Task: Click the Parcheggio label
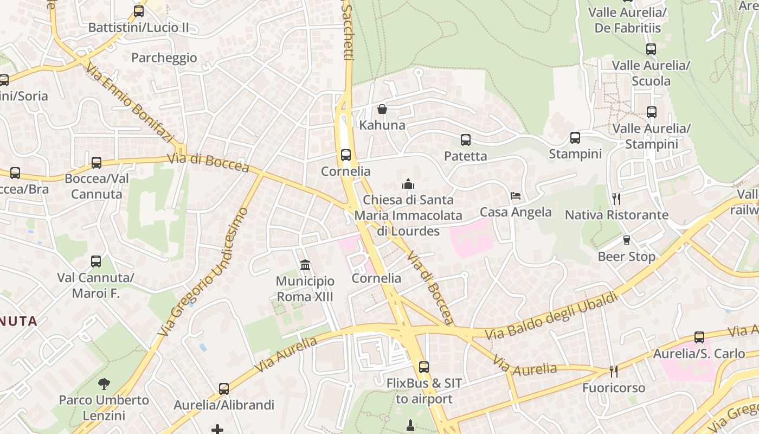click(x=164, y=58)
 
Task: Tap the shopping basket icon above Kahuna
click(x=382, y=109)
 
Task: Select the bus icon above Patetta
click(x=466, y=140)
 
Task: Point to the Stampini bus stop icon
click(x=575, y=138)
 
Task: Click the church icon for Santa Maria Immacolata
click(x=408, y=184)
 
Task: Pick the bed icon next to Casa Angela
click(x=516, y=195)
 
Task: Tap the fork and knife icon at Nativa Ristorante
click(x=616, y=199)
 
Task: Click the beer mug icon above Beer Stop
click(x=627, y=240)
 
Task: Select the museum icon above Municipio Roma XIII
click(x=305, y=265)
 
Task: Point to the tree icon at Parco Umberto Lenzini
click(x=104, y=384)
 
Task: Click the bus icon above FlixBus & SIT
click(x=424, y=367)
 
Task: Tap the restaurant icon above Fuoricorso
click(x=614, y=372)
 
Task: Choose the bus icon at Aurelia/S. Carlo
click(x=699, y=337)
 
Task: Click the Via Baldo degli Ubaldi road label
click(x=552, y=317)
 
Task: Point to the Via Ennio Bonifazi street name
click(x=129, y=103)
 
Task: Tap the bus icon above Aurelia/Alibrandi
click(x=224, y=389)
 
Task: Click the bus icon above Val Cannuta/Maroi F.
click(x=96, y=261)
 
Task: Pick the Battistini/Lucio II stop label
click(x=139, y=27)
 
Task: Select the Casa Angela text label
click(x=516, y=212)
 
